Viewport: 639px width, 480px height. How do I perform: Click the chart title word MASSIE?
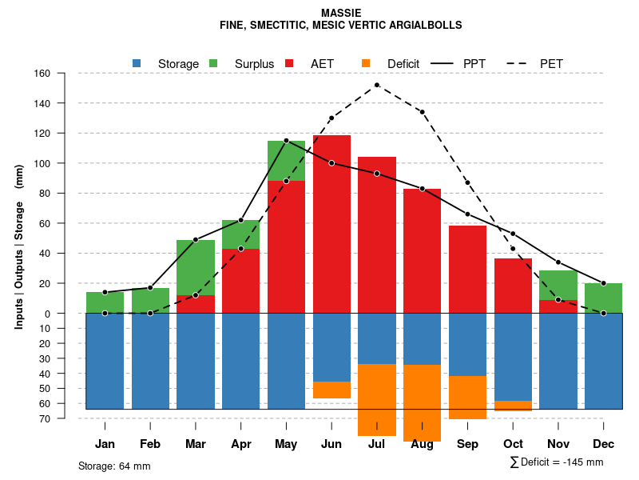(x=341, y=13)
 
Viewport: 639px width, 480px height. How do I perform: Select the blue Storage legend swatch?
(x=137, y=63)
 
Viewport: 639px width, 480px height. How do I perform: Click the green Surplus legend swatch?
(x=213, y=63)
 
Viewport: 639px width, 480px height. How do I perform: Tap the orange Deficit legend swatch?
(x=366, y=63)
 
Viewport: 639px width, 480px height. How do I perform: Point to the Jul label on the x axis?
(x=377, y=444)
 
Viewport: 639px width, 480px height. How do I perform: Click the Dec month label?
(x=603, y=444)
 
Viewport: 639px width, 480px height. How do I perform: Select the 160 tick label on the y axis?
(x=42, y=74)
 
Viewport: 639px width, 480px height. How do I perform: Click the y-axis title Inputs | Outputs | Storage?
(x=19, y=246)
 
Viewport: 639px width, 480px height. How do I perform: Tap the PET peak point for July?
(x=377, y=85)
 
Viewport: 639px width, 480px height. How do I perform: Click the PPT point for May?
(x=286, y=141)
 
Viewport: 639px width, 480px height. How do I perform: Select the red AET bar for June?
(x=331, y=224)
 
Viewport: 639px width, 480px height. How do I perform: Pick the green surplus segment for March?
(x=196, y=267)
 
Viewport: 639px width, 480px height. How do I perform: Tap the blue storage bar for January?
(x=105, y=361)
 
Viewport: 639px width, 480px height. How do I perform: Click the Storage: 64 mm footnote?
(x=114, y=466)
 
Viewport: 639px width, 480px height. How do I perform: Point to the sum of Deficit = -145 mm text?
(x=557, y=462)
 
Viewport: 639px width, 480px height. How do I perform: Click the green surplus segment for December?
(x=603, y=298)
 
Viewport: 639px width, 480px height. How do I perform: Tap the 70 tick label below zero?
(x=45, y=418)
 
